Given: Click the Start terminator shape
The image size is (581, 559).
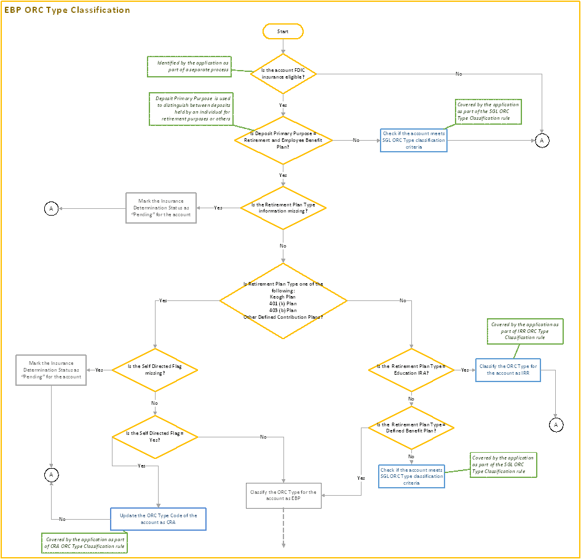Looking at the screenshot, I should click(x=283, y=31).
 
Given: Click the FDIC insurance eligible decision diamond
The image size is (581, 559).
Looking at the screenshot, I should click(x=283, y=74).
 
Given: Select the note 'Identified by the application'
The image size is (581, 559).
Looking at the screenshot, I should click(x=189, y=66).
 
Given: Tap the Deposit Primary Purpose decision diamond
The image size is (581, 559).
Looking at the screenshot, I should click(x=283, y=140).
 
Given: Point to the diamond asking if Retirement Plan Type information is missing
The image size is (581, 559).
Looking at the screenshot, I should click(x=283, y=208).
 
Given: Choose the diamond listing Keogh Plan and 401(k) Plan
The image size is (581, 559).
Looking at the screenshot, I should click(x=283, y=300).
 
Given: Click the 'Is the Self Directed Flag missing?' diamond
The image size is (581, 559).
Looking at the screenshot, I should click(x=154, y=370).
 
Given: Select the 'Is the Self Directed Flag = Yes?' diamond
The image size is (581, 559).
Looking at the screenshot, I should click(x=154, y=437).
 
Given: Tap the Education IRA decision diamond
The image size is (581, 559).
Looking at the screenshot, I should click(x=411, y=370).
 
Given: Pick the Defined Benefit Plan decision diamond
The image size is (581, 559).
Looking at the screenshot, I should click(x=411, y=428).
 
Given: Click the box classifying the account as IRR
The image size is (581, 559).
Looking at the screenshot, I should click(x=508, y=370).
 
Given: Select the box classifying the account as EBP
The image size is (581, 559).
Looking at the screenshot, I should click(x=283, y=496).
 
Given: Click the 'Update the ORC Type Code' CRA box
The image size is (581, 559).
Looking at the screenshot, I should click(x=158, y=518).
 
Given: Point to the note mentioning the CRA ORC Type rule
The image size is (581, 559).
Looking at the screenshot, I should click(x=85, y=542).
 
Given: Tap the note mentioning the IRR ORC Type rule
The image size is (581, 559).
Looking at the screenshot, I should click(x=524, y=331).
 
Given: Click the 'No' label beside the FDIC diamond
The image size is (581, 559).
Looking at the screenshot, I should click(x=459, y=74).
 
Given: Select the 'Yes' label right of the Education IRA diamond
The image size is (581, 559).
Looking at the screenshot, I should click(x=464, y=370).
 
